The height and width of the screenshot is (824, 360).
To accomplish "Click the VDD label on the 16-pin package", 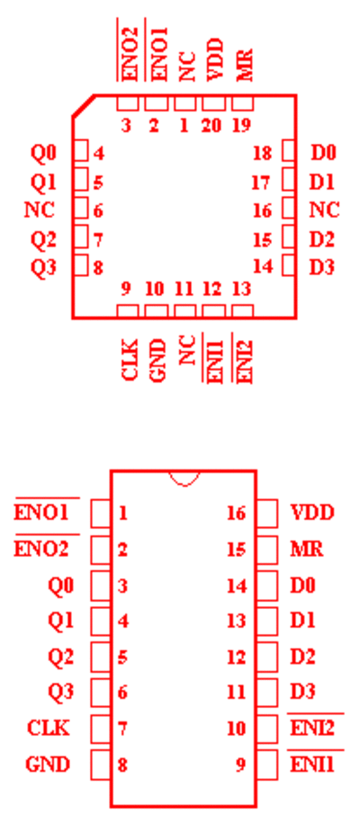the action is (312, 513).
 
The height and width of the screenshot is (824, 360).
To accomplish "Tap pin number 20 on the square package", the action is (211, 126).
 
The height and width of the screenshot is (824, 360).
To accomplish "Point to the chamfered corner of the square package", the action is (84, 105).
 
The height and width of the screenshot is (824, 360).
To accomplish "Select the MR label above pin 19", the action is (245, 65).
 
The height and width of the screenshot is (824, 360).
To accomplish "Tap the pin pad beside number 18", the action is (289, 152).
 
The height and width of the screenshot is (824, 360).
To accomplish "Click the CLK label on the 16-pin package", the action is (48, 729).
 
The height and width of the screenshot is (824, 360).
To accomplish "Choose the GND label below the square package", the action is (157, 360).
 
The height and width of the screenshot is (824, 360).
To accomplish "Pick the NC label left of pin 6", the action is (40, 210).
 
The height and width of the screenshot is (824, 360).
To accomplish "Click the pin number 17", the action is (261, 183).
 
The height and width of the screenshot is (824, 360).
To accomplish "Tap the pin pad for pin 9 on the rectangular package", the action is (267, 764).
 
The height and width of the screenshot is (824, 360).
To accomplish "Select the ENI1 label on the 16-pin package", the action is (312, 764).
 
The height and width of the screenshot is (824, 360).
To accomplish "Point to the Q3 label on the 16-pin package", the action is (61, 692).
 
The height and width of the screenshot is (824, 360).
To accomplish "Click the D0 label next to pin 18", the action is (323, 153).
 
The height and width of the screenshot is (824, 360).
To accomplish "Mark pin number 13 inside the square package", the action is (241, 289).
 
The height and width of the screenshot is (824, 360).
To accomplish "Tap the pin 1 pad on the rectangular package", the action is (101, 513).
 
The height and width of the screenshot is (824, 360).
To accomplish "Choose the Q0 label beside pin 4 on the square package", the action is (43, 153).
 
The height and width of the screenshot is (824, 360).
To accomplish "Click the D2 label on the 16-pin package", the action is (302, 657).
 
